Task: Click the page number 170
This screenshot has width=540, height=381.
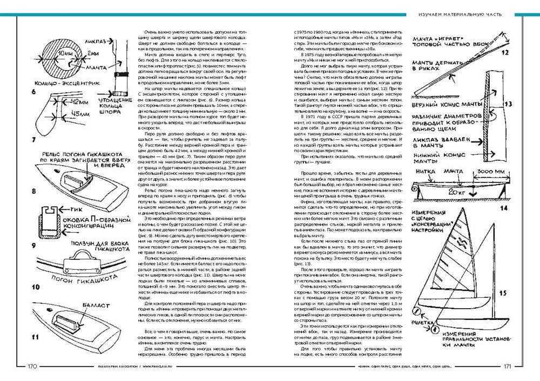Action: tap(32, 366)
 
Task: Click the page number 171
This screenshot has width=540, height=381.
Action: tap(508, 366)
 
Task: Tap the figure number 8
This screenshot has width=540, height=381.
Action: tap(34, 191)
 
